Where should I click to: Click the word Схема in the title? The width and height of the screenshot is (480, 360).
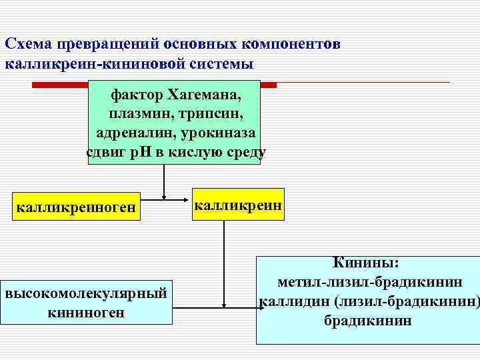(29, 44)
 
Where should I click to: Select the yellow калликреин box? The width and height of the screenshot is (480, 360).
(238, 205)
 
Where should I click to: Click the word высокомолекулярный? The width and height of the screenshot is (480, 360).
(85, 294)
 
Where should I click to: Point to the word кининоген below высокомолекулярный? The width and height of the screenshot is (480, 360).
(85, 312)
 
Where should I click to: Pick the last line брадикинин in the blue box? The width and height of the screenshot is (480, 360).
(368, 320)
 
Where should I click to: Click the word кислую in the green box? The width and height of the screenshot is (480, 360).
(194, 152)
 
